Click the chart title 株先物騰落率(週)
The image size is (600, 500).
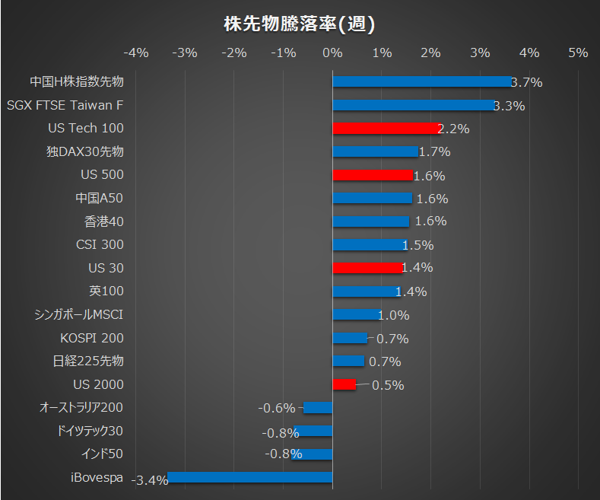point(300,24)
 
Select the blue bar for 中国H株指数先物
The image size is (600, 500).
point(422,81)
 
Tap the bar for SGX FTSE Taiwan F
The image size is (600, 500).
point(413,105)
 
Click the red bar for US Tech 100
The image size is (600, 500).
point(386,129)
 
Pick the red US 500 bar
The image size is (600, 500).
point(373,175)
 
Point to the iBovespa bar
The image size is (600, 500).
point(250,478)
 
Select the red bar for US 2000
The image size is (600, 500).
point(344,384)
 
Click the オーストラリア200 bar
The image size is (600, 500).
point(318,408)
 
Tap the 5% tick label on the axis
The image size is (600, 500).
point(578,53)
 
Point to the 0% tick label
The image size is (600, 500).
point(332,53)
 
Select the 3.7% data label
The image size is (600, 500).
point(526,82)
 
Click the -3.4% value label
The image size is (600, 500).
point(150,480)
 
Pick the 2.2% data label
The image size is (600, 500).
point(453,129)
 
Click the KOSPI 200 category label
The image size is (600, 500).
point(91,338)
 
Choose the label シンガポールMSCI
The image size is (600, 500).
point(79,314)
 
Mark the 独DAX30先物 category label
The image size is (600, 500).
point(84,151)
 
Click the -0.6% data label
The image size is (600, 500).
point(276,409)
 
